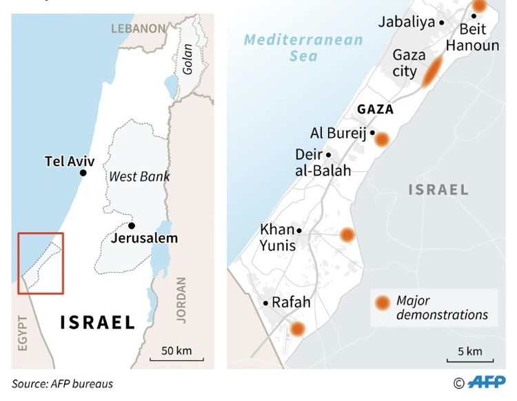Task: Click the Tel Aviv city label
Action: pyautogui.click(x=69, y=161)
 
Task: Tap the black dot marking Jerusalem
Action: pyautogui.click(x=131, y=225)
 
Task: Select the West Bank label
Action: pyautogui.click(x=139, y=177)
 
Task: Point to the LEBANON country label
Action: pyautogui.click(x=139, y=29)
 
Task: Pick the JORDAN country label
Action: pyautogui.click(x=181, y=300)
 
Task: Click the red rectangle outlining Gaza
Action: pyautogui.click(x=41, y=263)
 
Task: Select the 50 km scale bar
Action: pyautogui.click(x=176, y=353)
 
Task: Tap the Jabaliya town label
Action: pyautogui.click(x=407, y=21)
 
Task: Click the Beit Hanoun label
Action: pyautogui.click(x=472, y=37)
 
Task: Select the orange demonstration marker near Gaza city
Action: pyautogui.click(x=432, y=72)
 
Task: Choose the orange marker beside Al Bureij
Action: pyautogui.click(x=381, y=139)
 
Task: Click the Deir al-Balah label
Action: pyautogui.click(x=323, y=162)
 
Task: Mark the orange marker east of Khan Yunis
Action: pyautogui.click(x=347, y=235)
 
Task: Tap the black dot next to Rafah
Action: pyautogui.click(x=265, y=302)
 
